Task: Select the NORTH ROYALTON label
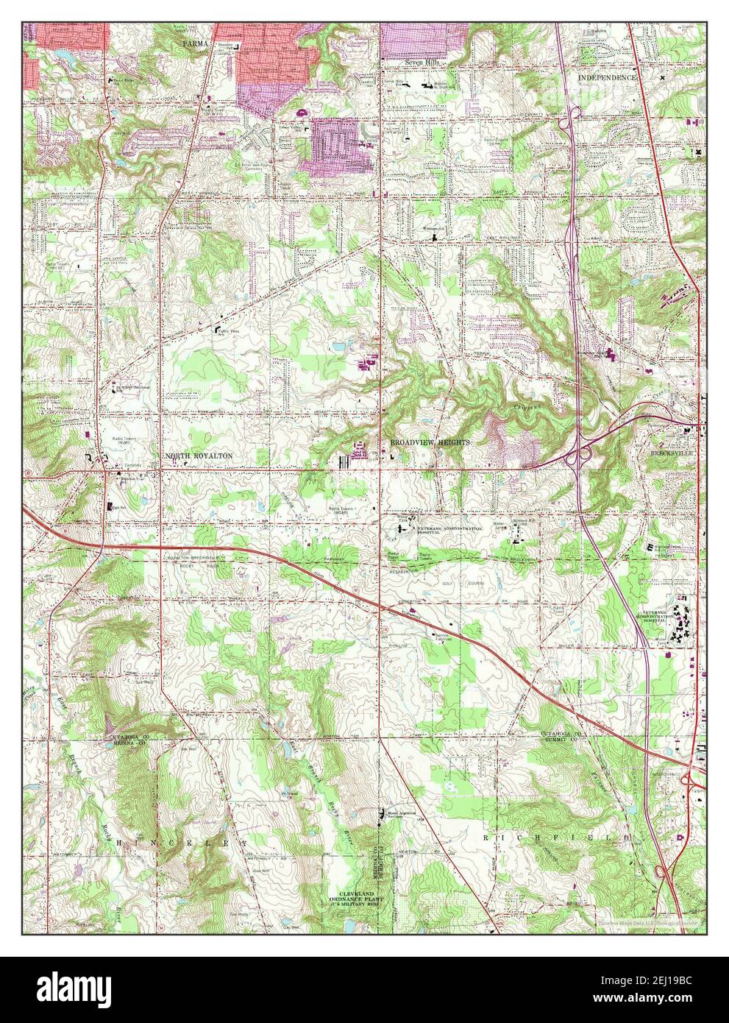(x=199, y=456)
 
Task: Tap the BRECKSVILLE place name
(x=669, y=454)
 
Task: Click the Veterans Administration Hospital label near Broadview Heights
(x=451, y=531)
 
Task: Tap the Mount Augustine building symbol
(x=380, y=813)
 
